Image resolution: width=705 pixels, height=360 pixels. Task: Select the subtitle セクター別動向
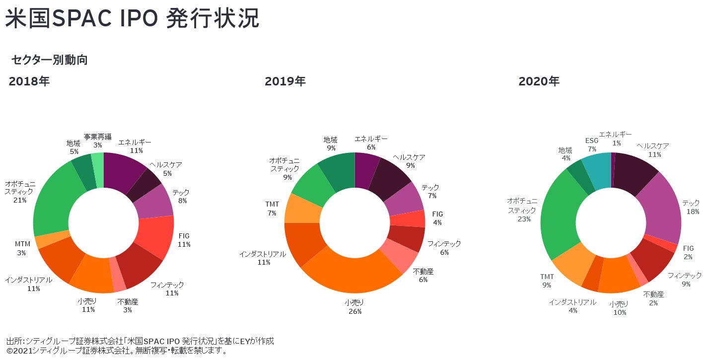coord(49,60)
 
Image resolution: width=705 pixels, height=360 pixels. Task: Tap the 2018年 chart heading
coord(29,81)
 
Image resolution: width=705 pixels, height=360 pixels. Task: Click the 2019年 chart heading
coord(285,81)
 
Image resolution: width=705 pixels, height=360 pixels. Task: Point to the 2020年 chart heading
coord(539,81)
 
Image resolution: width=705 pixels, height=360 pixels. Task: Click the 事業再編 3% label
coord(97,141)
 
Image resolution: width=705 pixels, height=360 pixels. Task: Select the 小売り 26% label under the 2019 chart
coord(354,307)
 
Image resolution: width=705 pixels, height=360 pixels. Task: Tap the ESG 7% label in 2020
coord(591,144)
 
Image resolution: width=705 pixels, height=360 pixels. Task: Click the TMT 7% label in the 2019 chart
coord(272,209)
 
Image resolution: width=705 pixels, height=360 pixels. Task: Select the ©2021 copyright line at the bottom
coord(117,351)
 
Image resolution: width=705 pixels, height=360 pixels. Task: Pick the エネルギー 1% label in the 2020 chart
coord(616,139)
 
